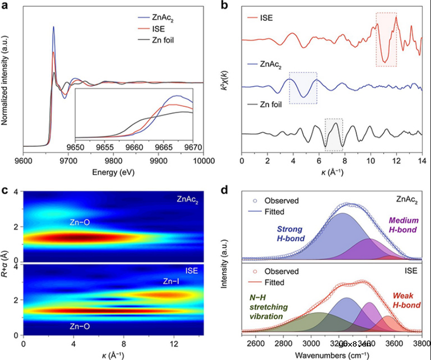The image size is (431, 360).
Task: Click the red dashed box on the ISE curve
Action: point(386,40)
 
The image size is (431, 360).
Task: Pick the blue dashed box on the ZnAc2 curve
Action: point(303,88)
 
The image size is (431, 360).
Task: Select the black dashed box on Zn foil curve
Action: point(333,134)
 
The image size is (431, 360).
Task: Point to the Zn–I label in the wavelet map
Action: point(172,281)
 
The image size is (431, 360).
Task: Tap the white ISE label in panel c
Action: point(191,271)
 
